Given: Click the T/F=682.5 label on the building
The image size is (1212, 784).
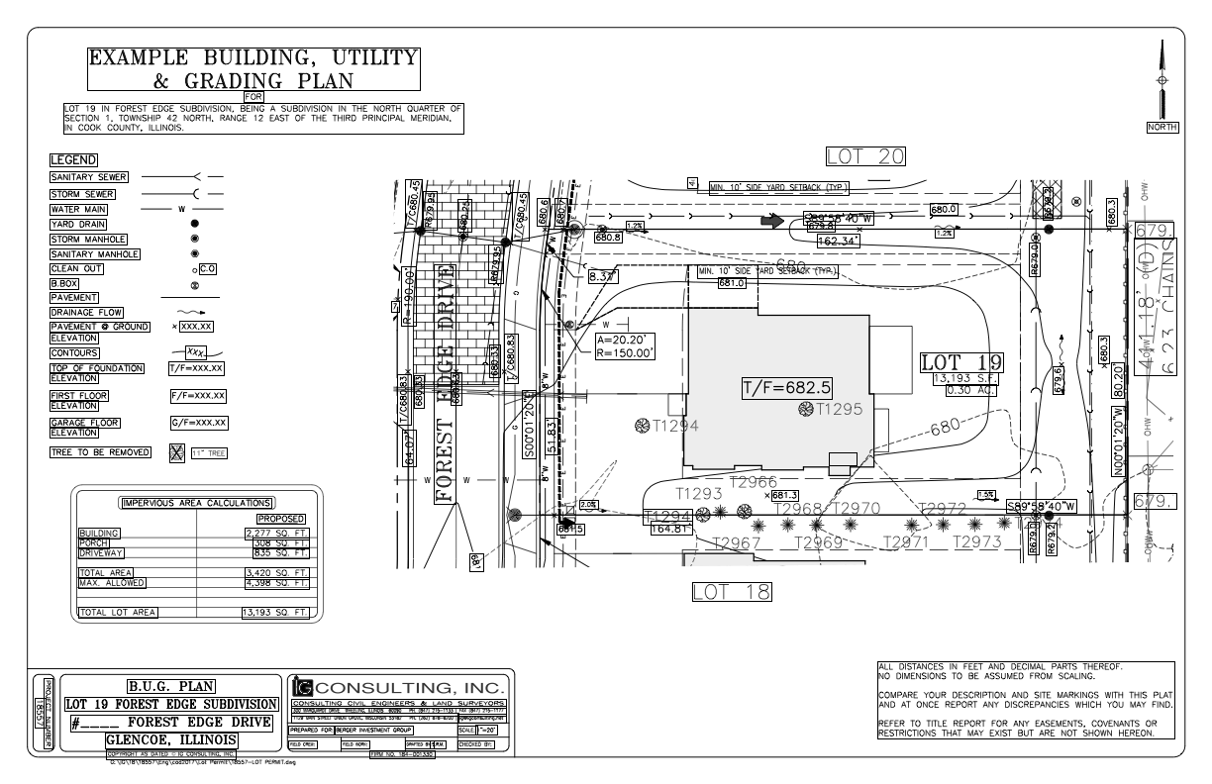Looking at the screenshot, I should tap(786, 388).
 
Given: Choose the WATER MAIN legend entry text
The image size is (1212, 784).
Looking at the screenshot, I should tap(78, 209).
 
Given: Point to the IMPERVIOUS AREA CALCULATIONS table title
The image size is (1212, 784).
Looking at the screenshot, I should tap(197, 502).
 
